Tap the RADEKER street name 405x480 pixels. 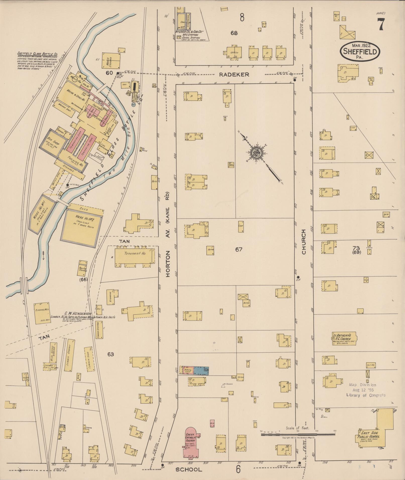(x=234, y=75)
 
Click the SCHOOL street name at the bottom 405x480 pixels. (x=189, y=470)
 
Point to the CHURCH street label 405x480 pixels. (x=304, y=242)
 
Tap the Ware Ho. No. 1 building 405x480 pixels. (x=42, y=213)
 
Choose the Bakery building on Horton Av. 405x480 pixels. (x=188, y=370)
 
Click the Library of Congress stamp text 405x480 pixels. (x=365, y=395)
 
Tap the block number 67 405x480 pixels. (x=239, y=249)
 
